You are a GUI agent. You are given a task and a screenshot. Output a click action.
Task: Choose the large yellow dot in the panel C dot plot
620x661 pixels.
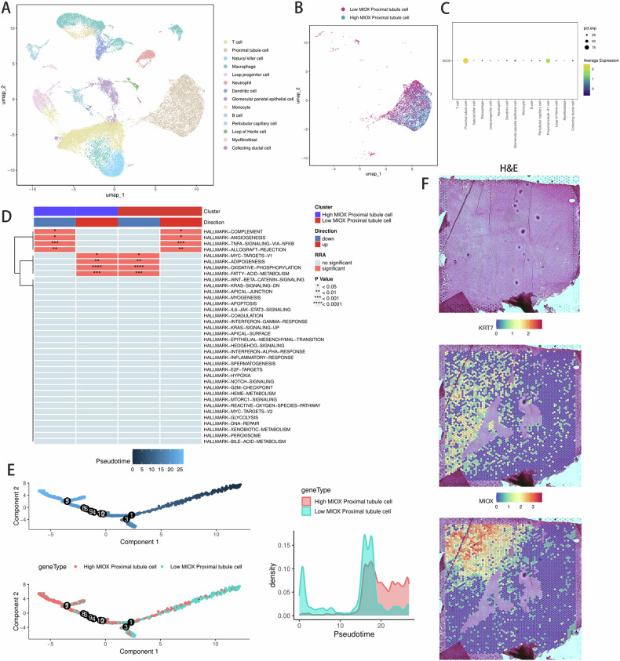(465, 60)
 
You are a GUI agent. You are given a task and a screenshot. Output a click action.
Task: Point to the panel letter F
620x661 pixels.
(425, 186)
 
